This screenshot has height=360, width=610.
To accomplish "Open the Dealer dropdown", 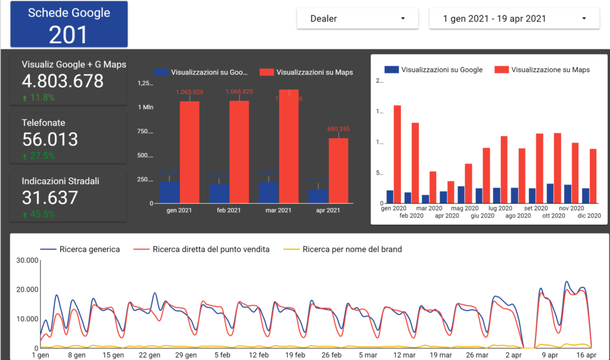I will click(357, 18).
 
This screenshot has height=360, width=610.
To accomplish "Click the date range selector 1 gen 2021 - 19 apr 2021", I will click(513, 18).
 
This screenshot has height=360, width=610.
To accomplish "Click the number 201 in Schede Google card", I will click(68, 35).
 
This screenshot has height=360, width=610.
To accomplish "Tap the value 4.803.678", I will click(63, 81).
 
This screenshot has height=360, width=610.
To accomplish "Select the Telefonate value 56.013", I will click(50, 139).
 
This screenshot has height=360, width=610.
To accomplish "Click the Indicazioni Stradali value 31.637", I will click(50, 197).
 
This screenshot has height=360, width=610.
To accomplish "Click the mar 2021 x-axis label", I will click(278, 210).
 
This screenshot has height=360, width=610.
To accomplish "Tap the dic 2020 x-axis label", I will click(589, 216).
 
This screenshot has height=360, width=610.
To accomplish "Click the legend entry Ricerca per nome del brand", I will click(352, 249).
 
